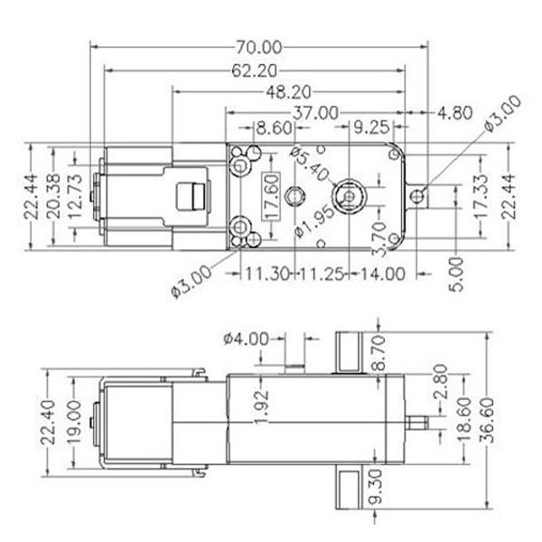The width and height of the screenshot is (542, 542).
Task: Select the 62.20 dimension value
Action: click(256, 70)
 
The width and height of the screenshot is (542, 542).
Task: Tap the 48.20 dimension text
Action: click(290, 91)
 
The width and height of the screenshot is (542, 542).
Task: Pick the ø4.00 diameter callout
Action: click(246, 340)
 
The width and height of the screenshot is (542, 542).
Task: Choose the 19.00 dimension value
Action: click(73, 422)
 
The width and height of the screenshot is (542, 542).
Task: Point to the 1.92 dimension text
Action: click(261, 407)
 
